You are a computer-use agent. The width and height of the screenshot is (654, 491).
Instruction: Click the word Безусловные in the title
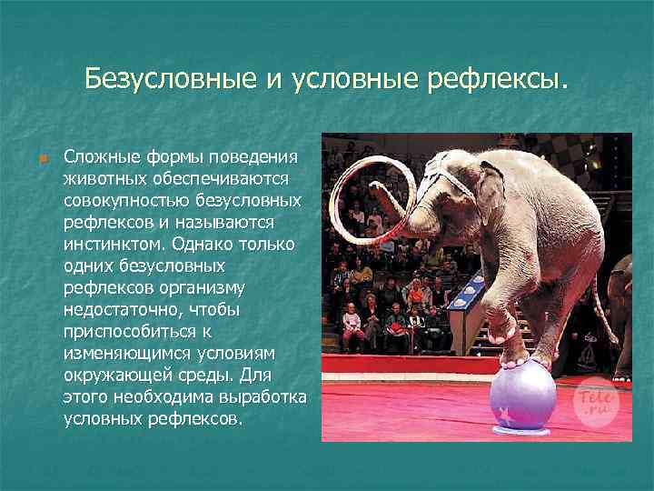(x=169, y=79)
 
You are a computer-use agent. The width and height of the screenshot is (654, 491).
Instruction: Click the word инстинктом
(x=108, y=244)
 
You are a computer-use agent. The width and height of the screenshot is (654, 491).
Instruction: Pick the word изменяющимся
(x=115, y=353)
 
